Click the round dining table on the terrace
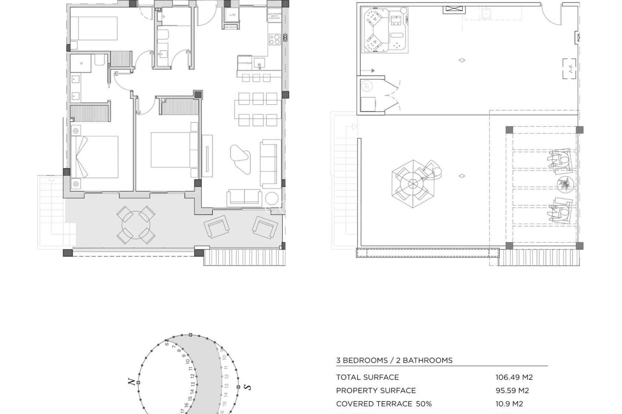(136, 225)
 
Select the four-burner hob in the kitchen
(274, 39)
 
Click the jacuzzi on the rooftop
(376, 30)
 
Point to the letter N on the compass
(132, 382)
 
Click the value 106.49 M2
(514, 377)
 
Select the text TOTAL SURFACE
(367, 377)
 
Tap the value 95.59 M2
(512, 390)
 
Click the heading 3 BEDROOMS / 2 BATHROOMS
(394, 360)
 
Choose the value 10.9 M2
(509, 404)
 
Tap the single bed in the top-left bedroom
(94, 28)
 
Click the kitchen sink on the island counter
(259, 62)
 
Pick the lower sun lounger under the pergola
(560, 211)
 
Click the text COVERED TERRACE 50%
(384, 404)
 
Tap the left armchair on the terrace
(217, 227)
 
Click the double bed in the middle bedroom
(171, 150)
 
